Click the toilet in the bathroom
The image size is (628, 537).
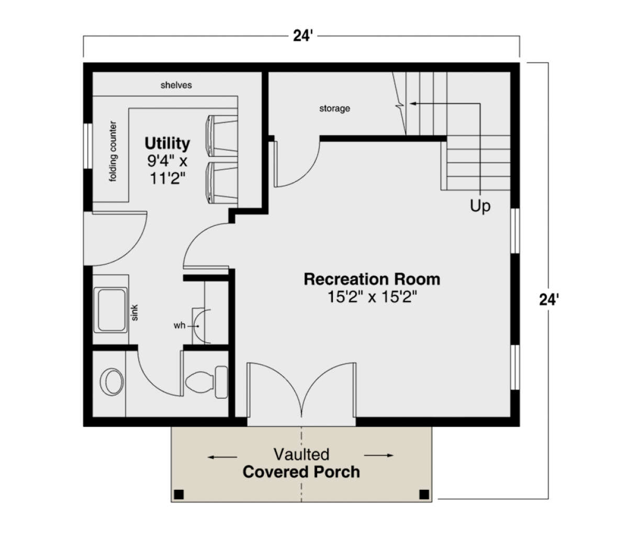[207, 382]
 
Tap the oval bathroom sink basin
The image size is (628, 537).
[112, 382]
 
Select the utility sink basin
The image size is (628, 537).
[110, 310]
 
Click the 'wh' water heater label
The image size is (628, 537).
[180, 326]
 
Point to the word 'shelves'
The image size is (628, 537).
[176, 85]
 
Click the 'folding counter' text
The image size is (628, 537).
[113, 151]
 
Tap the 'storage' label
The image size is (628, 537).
[334, 108]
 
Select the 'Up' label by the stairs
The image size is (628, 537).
[480, 206]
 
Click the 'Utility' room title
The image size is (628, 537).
[167, 143]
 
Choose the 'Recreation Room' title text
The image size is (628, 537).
[372, 279]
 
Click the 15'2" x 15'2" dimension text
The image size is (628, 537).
[372, 297]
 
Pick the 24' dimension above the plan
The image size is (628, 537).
[302, 36]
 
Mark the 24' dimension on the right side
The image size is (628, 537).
[549, 300]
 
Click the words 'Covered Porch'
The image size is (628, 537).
[301, 472]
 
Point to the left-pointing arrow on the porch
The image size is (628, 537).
[222, 457]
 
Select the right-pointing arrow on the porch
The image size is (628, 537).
[379, 455]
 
